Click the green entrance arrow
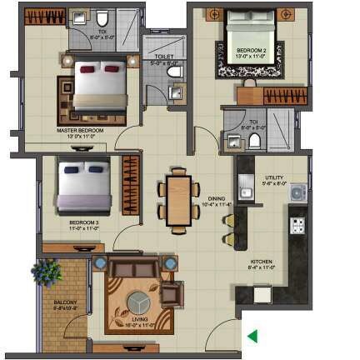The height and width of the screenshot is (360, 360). tap(252, 336)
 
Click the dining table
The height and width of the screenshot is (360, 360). tap(178, 197)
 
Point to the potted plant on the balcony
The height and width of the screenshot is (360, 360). tap(47, 272)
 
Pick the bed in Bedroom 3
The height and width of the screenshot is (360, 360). tap(83, 187)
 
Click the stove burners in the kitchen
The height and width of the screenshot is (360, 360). tap(297, 225)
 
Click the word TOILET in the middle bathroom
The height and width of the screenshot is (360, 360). tap(164, 57)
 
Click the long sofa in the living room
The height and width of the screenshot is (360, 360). tap(132, 269)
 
